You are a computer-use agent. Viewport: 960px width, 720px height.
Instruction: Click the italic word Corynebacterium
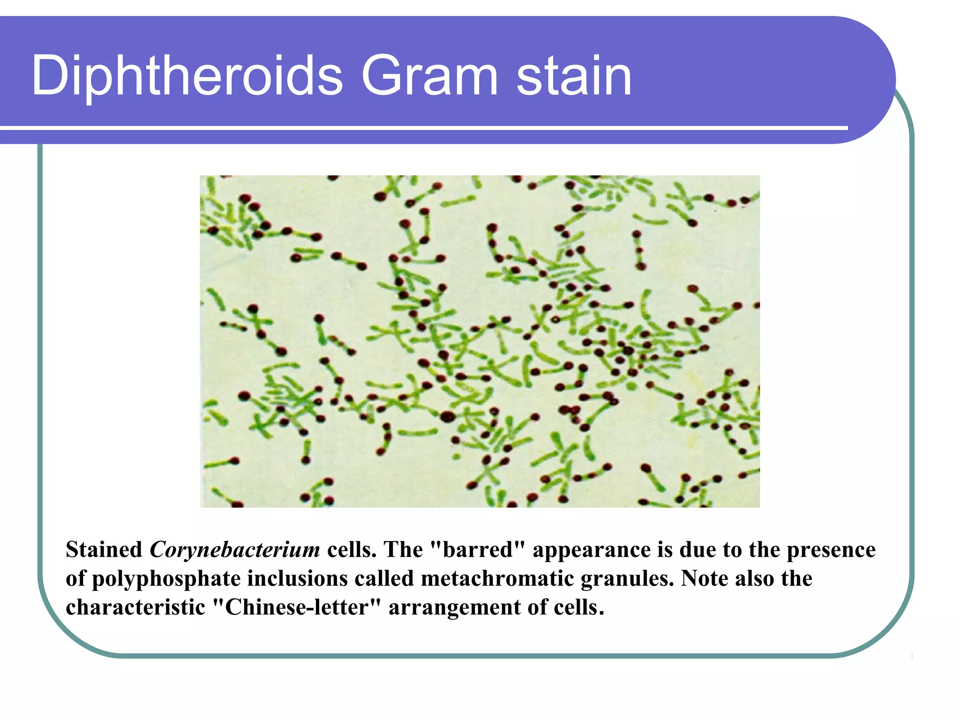coord(234,550)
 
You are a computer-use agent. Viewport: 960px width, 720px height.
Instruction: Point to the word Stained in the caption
coord(104,550)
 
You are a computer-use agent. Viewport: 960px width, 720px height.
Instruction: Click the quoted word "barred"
coord(477,550)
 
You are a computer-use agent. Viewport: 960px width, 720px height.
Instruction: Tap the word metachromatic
coord(497,578)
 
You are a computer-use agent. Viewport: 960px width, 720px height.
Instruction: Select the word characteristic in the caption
coord(135,607)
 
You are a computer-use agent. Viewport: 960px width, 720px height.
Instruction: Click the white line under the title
coord(422,127)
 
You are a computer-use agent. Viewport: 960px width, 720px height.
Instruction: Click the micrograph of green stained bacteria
coord(479,341)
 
